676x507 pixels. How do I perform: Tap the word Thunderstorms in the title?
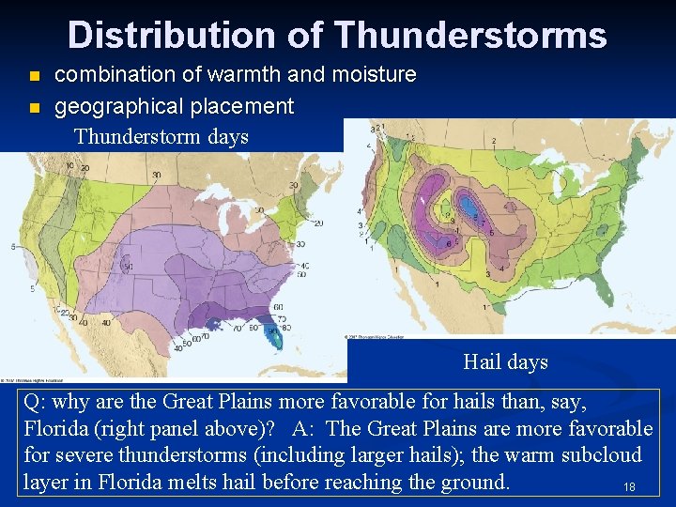pos(469,36)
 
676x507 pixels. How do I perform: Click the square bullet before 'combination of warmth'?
pos(36,75)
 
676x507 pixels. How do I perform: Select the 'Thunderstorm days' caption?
pos(161,137)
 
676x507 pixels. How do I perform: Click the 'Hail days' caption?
pos(505,361)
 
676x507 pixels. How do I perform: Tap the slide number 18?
pos(629,487)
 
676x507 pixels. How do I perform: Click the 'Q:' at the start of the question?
pos(36,403)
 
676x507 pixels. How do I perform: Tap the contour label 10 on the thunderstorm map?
pos(70,166)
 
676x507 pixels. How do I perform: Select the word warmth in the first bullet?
pos(228,74)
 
